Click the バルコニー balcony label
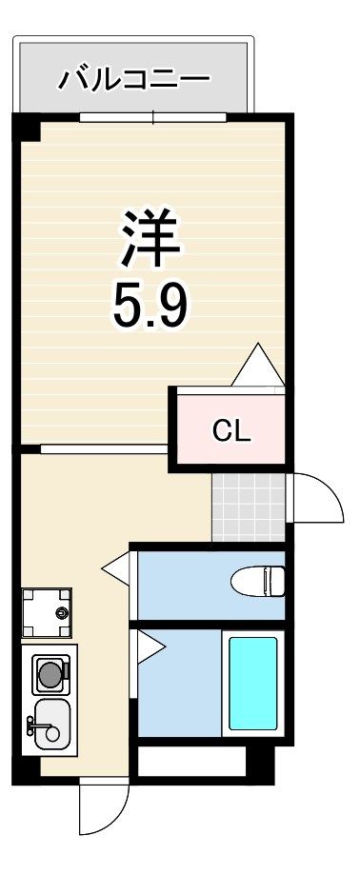(x=134, y=79)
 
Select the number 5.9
(x=150, y=306)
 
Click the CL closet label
(x=231, y=430)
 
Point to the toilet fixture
(x=258, y=581)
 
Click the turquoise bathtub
(x=252, y=683)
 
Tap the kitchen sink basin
(x=52, y=724)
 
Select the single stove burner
(x=50, y=669)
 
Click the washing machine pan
(x=47, y=612)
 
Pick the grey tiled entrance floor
(x=249, y=507)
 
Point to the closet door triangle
(x=258, y=365)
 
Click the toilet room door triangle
(x=116, y=568)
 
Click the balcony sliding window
(x=153, y=117)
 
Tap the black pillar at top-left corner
(x=27, y=128)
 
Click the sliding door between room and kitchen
(x=104, y=448)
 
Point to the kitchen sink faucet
(x=39, y=726)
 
